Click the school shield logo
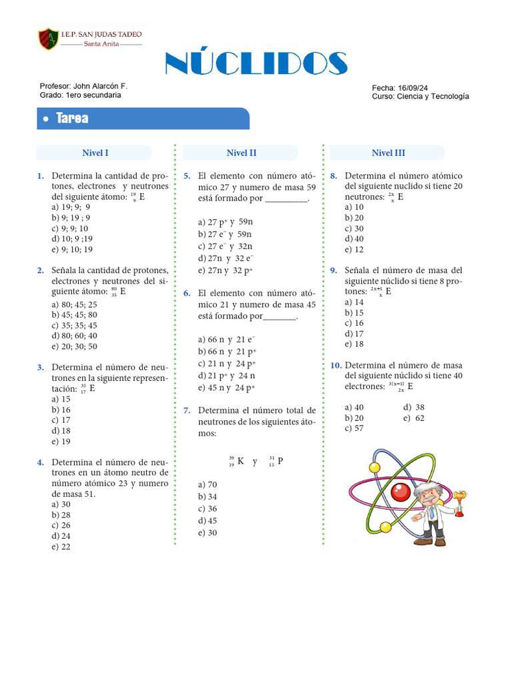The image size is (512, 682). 48,39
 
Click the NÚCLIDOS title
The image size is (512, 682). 256,64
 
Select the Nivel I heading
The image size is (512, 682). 95,153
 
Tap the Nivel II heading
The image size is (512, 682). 241,153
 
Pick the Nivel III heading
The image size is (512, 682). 388,153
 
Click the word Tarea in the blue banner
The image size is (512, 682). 73,119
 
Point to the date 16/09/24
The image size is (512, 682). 414,88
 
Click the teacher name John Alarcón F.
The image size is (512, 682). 99,87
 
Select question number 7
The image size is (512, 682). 187,410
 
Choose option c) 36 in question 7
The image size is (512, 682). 207,509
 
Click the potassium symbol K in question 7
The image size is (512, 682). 240,461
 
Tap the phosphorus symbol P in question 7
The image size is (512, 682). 281,461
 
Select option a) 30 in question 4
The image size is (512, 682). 61,505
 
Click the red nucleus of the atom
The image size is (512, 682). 400,492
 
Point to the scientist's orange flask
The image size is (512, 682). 459,497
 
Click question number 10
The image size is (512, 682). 336,366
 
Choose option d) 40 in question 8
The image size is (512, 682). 354,239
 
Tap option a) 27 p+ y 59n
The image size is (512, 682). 225,222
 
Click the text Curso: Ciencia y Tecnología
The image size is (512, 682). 420,97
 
